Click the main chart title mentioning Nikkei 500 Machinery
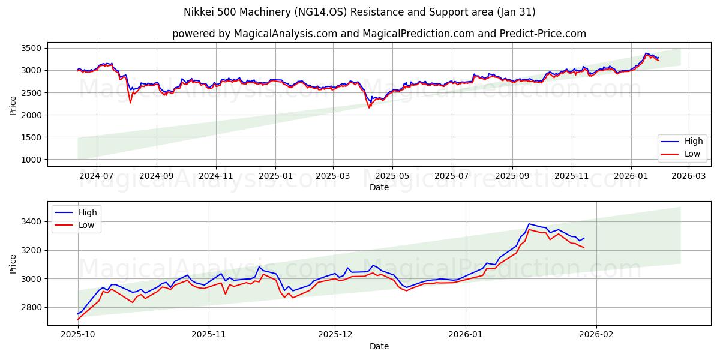(x=360, y=12)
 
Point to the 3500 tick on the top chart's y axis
(x=32, y=48)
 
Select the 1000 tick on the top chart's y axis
(x=32, y=160)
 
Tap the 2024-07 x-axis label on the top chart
(x=97, y=176)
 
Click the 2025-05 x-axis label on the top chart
(x=392, y=176)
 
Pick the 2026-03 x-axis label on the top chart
(x=688, y=176)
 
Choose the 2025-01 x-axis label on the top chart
(x=275, y=176)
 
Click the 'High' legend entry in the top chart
(x=683, y=142)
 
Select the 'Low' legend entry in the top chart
(x=683, y=154)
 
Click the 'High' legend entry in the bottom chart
(x=76, y=212)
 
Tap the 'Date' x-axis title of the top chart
(x=379, y=187)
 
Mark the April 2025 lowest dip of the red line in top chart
(x=369, y=107)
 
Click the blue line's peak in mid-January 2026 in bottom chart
(x=529, y=224)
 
